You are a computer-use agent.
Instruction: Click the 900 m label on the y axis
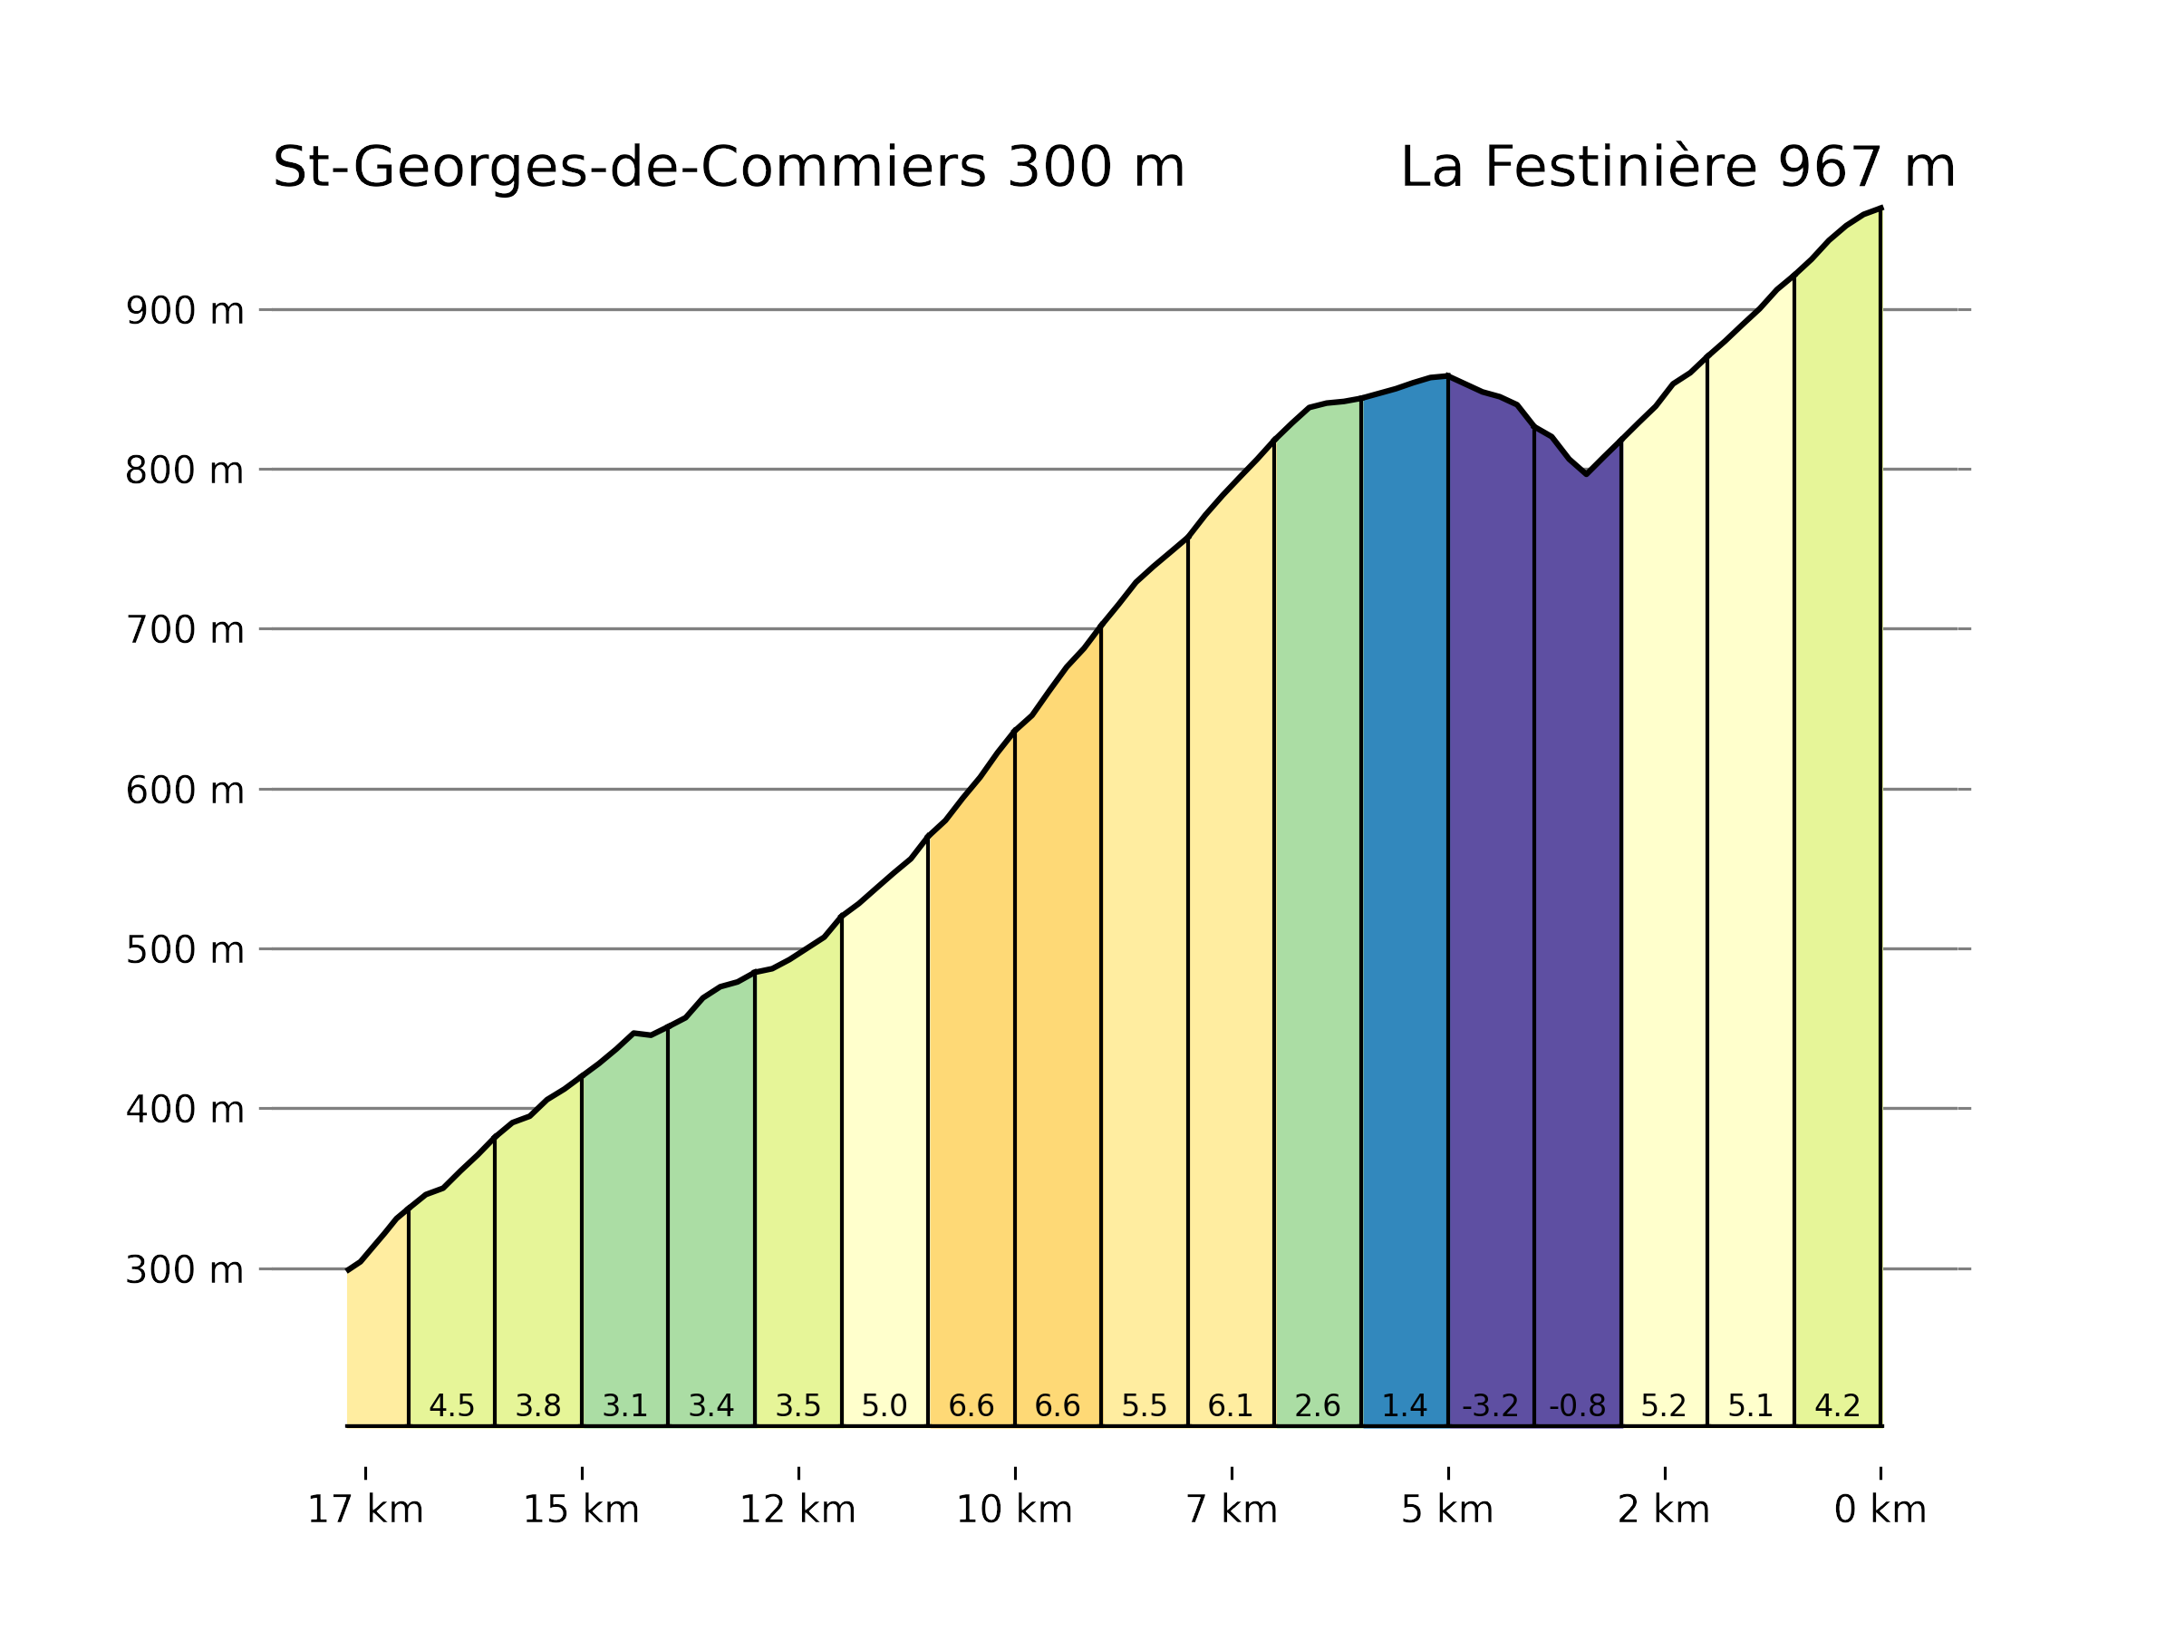(x=184, y=311)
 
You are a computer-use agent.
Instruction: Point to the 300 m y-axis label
(x=184, y=1270)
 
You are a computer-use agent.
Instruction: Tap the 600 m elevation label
(x=184, y=791)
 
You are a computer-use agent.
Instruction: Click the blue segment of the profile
(x=1404, y=885)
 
